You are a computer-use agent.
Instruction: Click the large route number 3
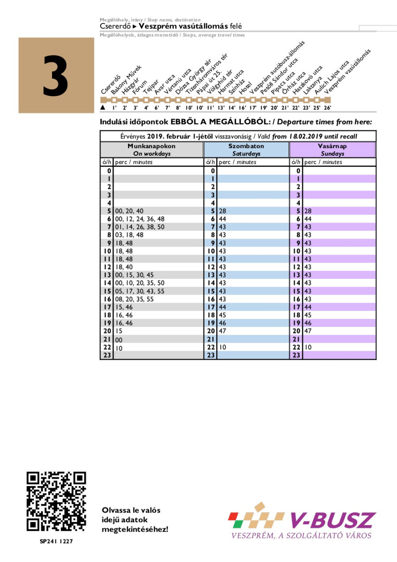click(x=56, y=76)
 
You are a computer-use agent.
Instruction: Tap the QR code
click(x=56, y=502)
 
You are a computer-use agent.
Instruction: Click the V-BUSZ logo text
click(x=333, y=521)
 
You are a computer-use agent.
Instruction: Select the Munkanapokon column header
click(x=152, y=150)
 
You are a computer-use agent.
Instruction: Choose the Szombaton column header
click(x=246, y=150)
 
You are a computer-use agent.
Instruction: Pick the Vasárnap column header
click(x=333, y=150)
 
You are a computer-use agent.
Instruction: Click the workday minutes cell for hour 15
click(x=139, y=291)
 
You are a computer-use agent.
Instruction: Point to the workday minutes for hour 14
click(x=139, y=283)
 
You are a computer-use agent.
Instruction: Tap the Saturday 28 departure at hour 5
click(x=222, y=211)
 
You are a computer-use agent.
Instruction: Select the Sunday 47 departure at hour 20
click(x=308, y=331)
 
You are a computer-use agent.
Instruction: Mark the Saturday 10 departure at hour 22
click(x=222, y=347)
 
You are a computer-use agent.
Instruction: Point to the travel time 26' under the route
click(x=327, y=108)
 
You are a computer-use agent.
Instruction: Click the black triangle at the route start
click(x=103, y=107)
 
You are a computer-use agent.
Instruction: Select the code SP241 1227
click(x=56, y=542)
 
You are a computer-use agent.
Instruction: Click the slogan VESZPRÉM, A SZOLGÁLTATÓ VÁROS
click(x=301, y=536)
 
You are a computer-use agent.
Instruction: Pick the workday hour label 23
click(x=107, y=355)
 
